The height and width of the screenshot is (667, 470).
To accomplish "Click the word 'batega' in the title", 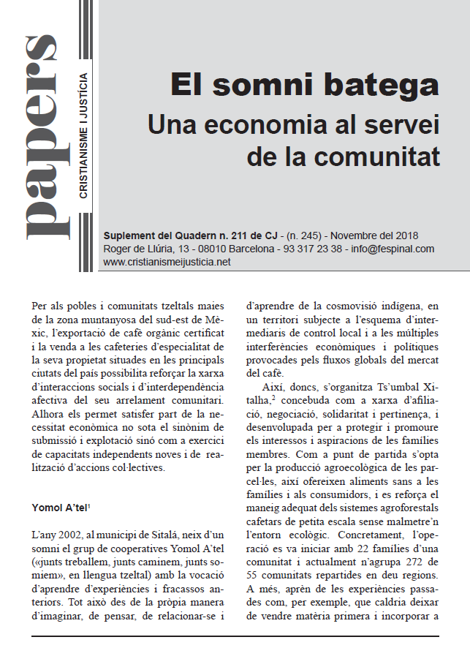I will [382, 84].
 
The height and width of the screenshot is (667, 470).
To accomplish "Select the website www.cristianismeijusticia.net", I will [167, 261].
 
